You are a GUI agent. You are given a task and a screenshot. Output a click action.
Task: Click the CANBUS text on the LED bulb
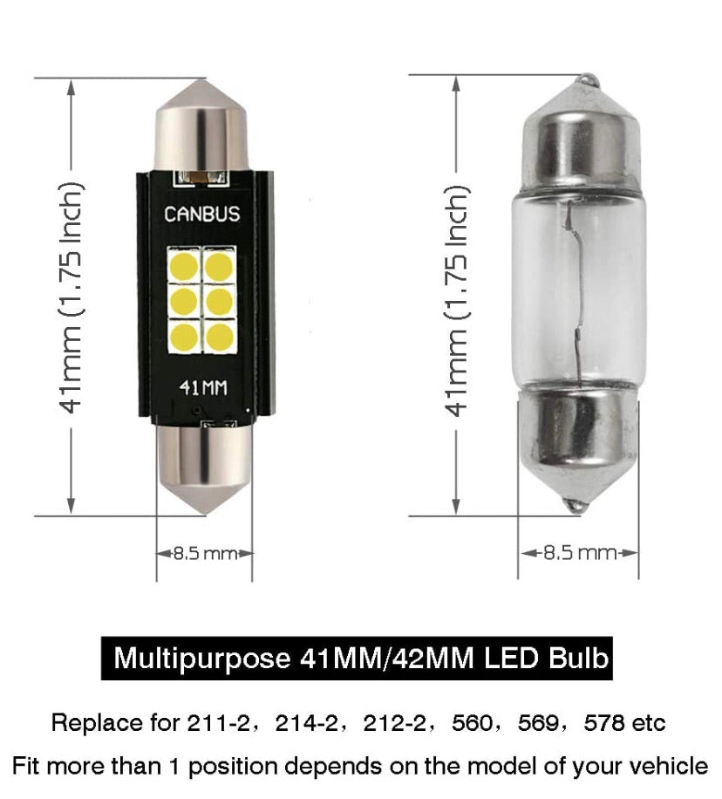coord(201,214)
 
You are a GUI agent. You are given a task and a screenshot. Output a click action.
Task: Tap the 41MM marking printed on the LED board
coord(203,388)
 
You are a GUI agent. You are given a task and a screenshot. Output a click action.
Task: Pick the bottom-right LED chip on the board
coord(220,337)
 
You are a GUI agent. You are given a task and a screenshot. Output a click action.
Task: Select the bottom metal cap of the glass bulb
coord(577,448)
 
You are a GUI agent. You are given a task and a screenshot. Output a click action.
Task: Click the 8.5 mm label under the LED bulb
coord(205,553)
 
